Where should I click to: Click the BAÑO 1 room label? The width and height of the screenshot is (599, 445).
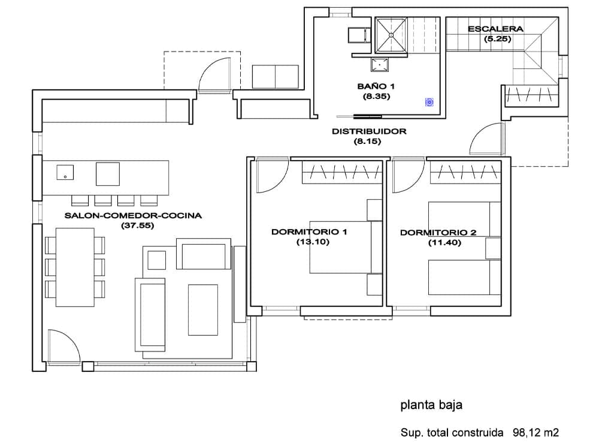click(x=376, y=86)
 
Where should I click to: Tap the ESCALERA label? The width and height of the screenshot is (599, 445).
click(x=495, y=29)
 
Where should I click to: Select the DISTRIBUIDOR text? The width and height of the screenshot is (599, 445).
click(x=369, y=131)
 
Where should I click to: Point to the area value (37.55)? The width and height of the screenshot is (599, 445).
click(x=134, y=225)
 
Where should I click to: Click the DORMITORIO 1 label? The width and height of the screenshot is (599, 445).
click(x=309, y=231)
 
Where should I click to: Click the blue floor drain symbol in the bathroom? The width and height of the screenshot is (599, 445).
click(x=429, y=103)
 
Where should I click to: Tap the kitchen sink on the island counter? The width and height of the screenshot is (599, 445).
click(x=65, y=173)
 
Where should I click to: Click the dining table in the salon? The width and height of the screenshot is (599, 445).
click(x=75, y=267)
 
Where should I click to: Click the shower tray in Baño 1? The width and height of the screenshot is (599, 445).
click(x=391, y=36)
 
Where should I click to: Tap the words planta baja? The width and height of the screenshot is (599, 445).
click(x=431, y=405)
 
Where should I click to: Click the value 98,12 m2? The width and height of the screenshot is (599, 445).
click(x=536, y=432)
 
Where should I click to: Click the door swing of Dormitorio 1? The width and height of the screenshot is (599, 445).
click(x=271, y=177)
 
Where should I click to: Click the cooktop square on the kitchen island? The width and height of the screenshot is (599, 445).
click(x=108, y=174)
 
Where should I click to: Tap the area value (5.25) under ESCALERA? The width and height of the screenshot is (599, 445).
click(x=495, y=39)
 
